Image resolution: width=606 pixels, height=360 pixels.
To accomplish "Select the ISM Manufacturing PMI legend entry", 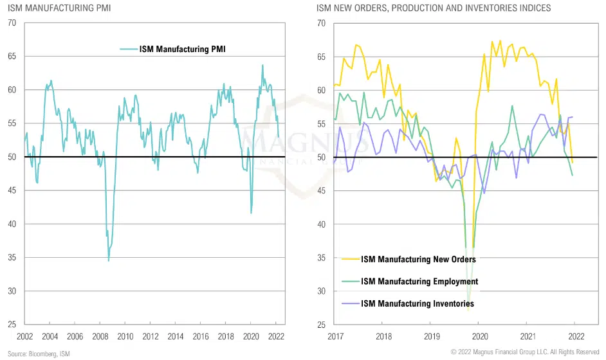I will (182, 49).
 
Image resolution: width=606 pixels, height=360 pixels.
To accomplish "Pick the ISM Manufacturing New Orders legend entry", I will (418, 260).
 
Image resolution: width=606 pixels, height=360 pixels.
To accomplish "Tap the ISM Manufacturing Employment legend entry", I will (419, 282).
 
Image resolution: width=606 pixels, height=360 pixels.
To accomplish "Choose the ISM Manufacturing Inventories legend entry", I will (417, 303).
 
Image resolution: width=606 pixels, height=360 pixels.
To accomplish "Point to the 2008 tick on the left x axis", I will (100, 336).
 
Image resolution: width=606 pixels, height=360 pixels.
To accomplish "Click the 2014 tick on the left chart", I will (175, 336).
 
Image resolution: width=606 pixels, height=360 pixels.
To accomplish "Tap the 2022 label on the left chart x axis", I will (275, 336).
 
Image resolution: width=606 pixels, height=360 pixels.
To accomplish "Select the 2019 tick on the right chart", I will (430, 336).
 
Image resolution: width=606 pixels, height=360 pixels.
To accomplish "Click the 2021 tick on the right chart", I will (528, 336).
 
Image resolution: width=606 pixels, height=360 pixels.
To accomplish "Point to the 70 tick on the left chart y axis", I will (12, 23).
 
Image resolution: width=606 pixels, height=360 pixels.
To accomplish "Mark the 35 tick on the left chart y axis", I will (12, 258).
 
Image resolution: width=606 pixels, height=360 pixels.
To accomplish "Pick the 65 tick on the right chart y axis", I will (321, 57).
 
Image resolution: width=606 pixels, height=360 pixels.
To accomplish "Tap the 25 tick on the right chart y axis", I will (321, 325).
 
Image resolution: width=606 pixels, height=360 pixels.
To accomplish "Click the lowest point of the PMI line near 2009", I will (109, 260).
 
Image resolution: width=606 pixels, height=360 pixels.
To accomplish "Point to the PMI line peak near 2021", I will (262, 65).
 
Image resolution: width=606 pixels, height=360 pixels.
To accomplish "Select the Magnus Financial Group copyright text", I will (526, 352).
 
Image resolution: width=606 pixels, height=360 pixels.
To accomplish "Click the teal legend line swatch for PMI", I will (128, 49).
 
